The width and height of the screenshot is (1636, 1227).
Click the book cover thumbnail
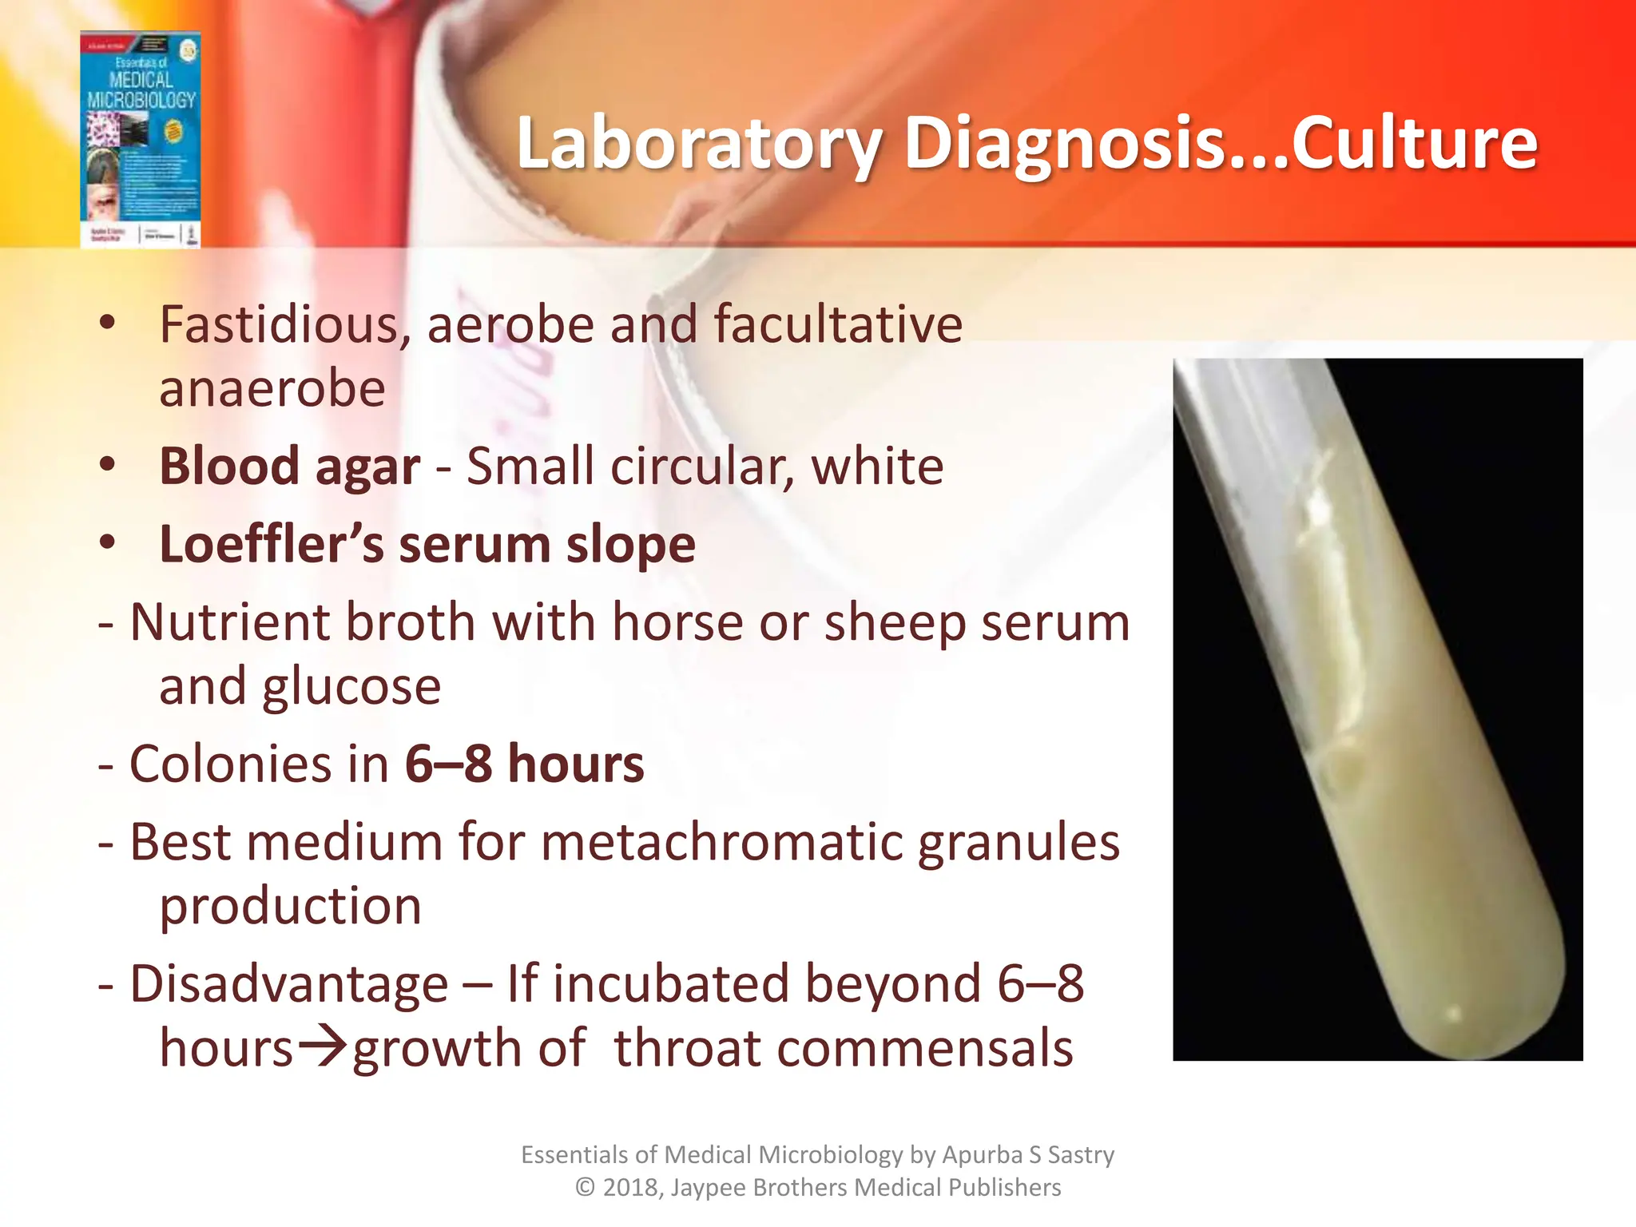141,140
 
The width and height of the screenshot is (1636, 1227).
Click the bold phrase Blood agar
289,467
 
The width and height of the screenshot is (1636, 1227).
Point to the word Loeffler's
272,545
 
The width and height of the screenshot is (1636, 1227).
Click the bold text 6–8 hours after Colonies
524,764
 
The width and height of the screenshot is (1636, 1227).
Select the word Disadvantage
288,984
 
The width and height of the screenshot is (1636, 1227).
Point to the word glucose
351,687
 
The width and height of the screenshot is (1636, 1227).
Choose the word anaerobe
272,390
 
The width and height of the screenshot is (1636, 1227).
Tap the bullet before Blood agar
108,465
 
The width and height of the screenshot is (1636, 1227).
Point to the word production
290,907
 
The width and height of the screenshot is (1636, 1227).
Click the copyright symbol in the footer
585,1188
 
